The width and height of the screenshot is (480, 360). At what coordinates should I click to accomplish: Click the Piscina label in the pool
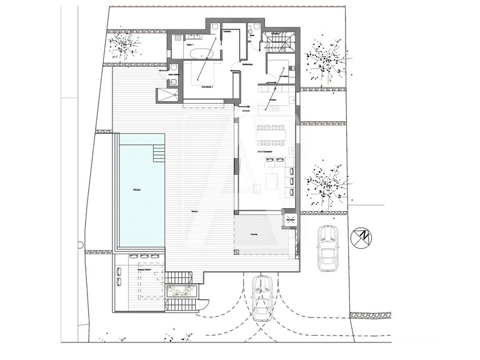136,189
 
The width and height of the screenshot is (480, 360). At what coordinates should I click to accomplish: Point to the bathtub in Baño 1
202,56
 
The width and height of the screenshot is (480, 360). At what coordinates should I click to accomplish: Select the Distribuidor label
246,64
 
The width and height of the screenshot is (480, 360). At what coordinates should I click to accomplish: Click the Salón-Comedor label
267,151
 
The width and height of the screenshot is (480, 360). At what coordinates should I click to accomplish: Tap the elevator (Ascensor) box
290,220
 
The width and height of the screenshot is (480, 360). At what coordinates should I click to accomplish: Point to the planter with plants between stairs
182,292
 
